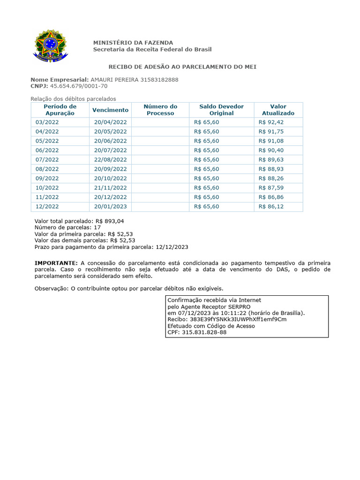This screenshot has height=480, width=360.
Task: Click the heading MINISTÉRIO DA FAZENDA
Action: pyautogui.click(x=133, y=43)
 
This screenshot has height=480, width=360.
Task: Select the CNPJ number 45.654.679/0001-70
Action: pyautogui.click(x=79, y=86)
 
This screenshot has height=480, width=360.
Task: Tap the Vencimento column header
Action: pyautogui.click(x=110, y=110)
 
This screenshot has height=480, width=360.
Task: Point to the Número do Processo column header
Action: pyautogui.click(x=160, y=110)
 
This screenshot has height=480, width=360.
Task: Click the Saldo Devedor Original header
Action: pyautogui.click(x=221, y=110)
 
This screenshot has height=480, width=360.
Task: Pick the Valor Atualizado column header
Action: pyautogui.click(x=278, y=110)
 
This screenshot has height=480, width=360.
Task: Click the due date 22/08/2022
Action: pyautogui.click(x=110, y=160)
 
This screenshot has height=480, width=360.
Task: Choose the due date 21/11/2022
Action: pyautogui.click(x=110, y=188)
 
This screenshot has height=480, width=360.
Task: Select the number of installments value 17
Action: pyautogui.click(x=97, y=227)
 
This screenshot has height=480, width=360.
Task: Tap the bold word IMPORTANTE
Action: pyautogui.click(x=56, y=263)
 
